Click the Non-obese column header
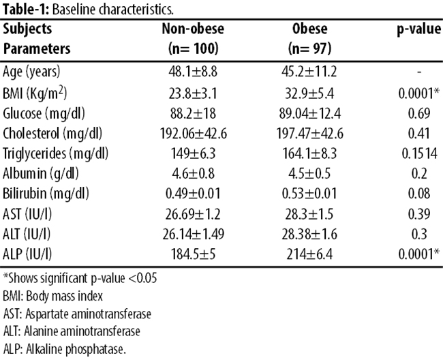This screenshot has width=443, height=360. point(193,29)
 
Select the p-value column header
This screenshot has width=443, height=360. point(419,29)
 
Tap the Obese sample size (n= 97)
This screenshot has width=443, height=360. point(309,48)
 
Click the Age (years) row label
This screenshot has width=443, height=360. point(31,72)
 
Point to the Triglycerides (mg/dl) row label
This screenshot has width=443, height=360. point(56,153)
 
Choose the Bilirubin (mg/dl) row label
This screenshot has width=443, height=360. point(46,194)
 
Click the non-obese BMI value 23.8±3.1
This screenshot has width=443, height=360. point(193,93)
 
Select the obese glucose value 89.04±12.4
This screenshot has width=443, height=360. point(310,114)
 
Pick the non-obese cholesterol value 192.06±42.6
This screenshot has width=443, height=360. point(194,134)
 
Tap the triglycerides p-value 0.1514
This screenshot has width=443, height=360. point(420,153)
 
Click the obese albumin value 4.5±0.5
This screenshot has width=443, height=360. point(309,174)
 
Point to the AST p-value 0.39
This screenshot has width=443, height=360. point(419,214)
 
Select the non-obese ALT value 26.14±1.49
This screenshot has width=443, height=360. point(194,235)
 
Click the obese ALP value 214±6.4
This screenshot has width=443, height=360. point(309,254)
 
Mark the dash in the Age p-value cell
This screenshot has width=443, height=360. point(419,72)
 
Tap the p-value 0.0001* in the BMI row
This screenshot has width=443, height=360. point(419,93)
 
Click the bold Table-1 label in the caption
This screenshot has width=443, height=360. point(27,10)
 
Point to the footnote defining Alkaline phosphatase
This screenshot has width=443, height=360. point(65,349)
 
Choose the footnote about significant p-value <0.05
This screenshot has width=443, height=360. point(80,278)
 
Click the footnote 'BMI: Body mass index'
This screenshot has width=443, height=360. point(53,296)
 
